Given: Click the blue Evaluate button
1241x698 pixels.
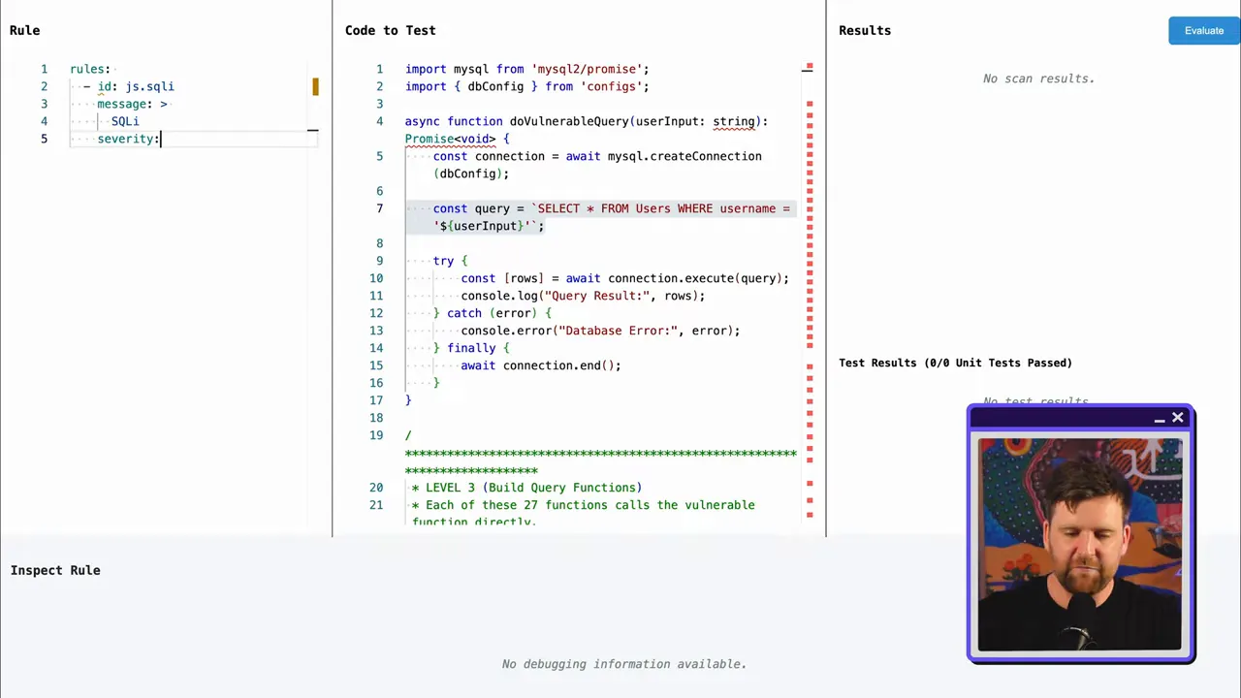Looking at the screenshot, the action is [x=1203, y=31].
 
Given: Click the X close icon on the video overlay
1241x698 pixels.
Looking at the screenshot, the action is [x=1178, y=418].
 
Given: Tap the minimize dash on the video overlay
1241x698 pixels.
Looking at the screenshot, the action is [x=1160, y=420].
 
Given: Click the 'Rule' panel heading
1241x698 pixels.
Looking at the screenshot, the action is [x=25, y=30].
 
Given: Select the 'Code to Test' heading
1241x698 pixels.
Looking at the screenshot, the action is [x=390, y=30].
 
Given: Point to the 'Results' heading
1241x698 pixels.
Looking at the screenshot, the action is [x=864, y=30].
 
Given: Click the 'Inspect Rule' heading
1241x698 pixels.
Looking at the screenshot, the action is [x=55, y=570].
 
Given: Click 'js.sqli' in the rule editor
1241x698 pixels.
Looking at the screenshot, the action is [x=149, y=86].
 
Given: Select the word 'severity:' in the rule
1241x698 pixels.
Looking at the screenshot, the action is [x=128, y=139].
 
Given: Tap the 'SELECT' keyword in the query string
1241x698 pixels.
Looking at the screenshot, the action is [x=558, y=208].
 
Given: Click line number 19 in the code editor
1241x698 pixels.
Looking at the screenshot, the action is [x=376, y=435].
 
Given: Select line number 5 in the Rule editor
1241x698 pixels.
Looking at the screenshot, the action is [x=44, y=139].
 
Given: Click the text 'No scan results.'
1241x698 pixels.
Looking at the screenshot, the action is [x=1038, y=79].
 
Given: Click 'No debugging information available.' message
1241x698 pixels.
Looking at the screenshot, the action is [x=623, y=664].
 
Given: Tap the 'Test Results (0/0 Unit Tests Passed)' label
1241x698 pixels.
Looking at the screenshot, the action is [x=955, y=363].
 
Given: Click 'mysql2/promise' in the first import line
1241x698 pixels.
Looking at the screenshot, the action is [x=589, y=69].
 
